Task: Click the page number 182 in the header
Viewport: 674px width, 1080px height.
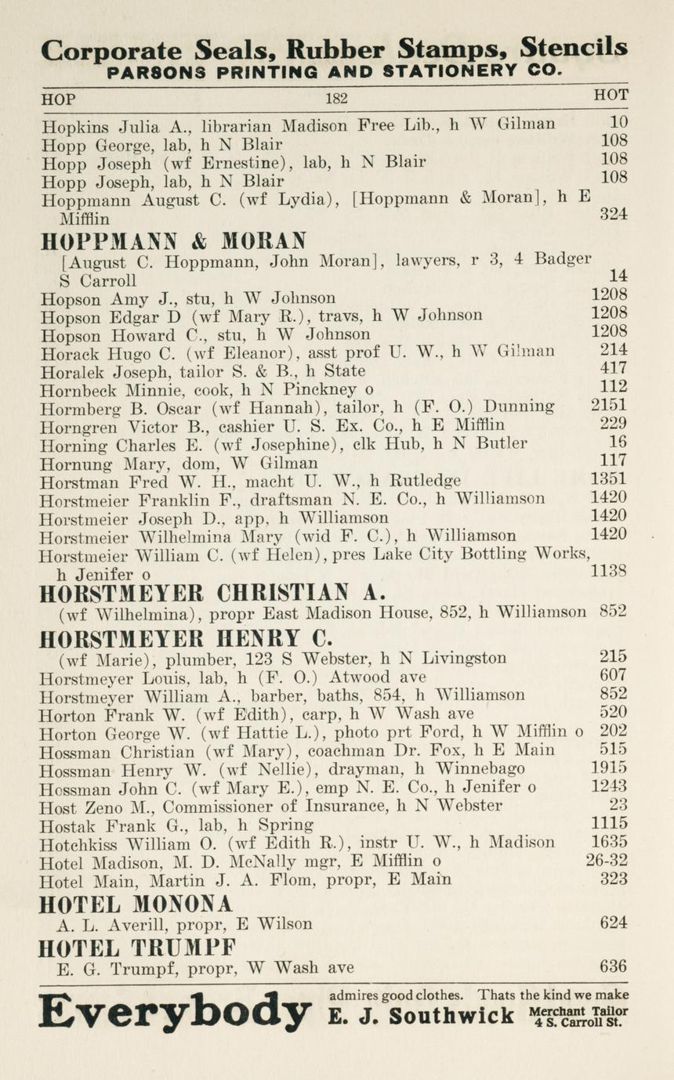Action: point(336,99)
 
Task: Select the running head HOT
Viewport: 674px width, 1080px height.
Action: point(611,95)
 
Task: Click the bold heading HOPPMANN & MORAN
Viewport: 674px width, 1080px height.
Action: point(173,240)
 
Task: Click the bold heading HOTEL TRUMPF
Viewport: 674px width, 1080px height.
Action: point(137,948)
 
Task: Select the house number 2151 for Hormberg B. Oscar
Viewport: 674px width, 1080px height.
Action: point(608,406)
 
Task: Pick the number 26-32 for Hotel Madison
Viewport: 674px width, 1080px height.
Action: point(607,861)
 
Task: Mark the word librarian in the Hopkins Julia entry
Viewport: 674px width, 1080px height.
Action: point(238,125)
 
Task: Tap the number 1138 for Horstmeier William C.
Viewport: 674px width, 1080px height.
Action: point(608,573)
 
